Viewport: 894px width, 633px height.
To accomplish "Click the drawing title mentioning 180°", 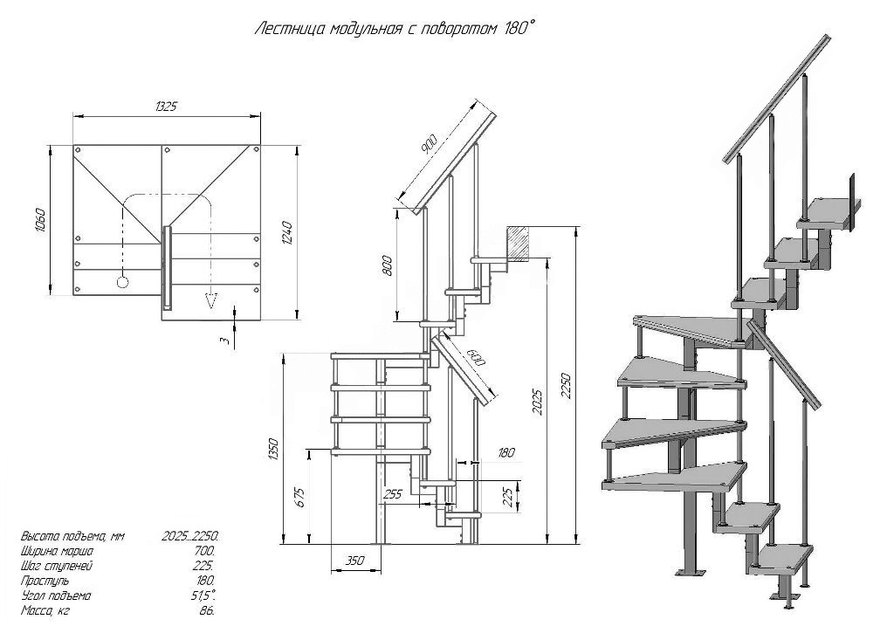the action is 395,29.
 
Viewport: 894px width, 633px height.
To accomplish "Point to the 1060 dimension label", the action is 40,219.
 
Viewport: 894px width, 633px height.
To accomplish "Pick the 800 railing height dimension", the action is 387,265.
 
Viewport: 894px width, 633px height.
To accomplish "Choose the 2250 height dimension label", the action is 566,387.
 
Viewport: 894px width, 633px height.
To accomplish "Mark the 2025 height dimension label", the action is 538,401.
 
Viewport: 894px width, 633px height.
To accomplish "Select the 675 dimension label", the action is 300,498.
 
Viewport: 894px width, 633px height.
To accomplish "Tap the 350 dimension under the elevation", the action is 354,561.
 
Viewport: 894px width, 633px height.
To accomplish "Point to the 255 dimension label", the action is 392,494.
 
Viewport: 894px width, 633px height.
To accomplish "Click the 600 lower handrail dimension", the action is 476,357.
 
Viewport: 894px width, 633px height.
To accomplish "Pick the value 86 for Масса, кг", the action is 208,611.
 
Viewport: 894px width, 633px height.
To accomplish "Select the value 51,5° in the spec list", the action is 204,596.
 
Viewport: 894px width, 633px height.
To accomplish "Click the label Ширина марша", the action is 57,552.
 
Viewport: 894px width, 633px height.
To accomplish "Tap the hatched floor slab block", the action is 518,244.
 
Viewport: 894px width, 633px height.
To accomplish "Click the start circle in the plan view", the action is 122,282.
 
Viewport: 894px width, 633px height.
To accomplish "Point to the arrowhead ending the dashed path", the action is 211,300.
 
